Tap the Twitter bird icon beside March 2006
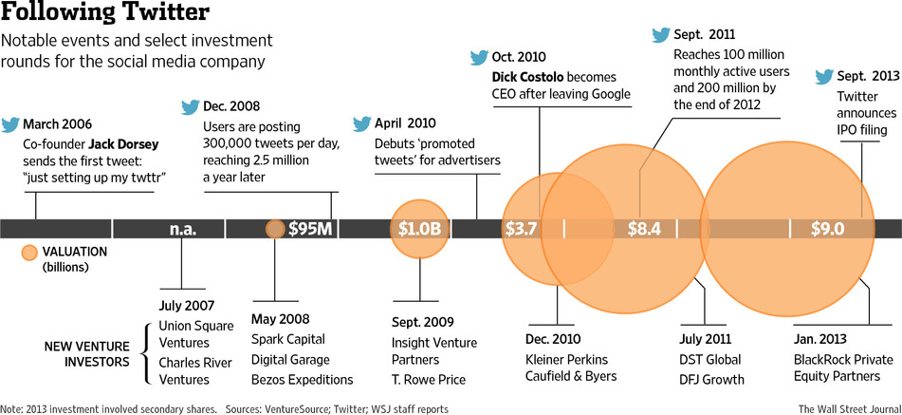(x=10, y=123)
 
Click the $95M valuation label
(x=309, y=229)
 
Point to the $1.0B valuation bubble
(x=419, y=229)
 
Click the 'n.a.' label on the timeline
(x=182, y=229)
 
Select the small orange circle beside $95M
(x=275, y=229)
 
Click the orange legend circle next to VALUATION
(x=29, y=253)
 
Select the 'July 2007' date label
(x=188, y=306)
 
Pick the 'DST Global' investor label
(x=710, y=360)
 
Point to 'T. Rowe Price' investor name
(x=429, y=379)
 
